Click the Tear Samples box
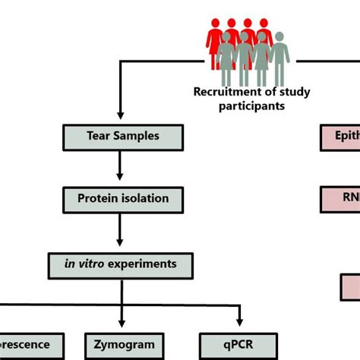click(x=123, y=137)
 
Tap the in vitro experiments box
click(x=123, y=264)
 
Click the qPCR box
click(x=239, y=344)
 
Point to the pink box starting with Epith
click(x=339, y=137)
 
